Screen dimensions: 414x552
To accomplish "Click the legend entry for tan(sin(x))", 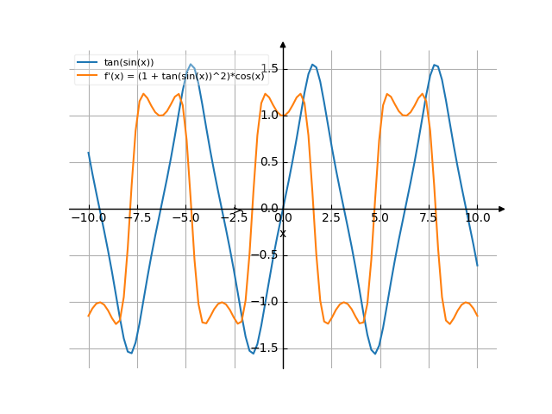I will tap(129, 62).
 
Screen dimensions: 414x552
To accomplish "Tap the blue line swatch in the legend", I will tap(87, 62).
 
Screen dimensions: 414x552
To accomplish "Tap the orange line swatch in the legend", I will tap(87, 76).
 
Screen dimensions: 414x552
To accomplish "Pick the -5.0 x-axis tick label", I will tap(185, 218).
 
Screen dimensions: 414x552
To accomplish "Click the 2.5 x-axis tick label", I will tap(331, 218).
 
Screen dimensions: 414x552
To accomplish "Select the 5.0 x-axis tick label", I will tap(379, 218).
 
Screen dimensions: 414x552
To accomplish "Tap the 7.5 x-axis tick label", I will tap(429, 218).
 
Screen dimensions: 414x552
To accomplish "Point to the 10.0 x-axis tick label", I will tap(477, 218).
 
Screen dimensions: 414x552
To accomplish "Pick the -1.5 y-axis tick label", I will tap(271, 348).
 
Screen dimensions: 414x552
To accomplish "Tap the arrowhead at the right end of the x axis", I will tap(502, 209).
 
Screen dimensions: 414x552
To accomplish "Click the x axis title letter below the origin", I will tap(282, 234).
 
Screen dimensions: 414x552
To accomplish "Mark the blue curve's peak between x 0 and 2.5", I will tap(314, 64).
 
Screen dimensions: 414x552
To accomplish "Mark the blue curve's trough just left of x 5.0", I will tap(374, 353).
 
